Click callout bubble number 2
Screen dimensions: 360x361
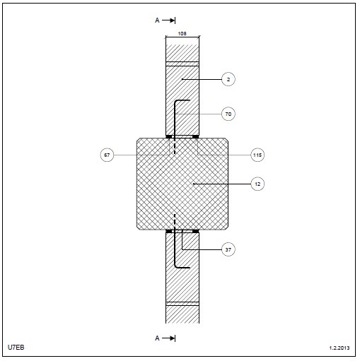228,79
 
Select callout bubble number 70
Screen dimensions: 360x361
228,114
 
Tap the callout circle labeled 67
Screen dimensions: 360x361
107,155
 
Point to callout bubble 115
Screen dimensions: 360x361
257,155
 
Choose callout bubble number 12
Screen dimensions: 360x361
257,184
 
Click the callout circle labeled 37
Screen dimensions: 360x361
228,249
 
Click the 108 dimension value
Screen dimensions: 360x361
182,34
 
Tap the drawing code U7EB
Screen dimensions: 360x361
16,348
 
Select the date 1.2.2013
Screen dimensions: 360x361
339,348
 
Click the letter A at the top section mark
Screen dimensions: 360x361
157,20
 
